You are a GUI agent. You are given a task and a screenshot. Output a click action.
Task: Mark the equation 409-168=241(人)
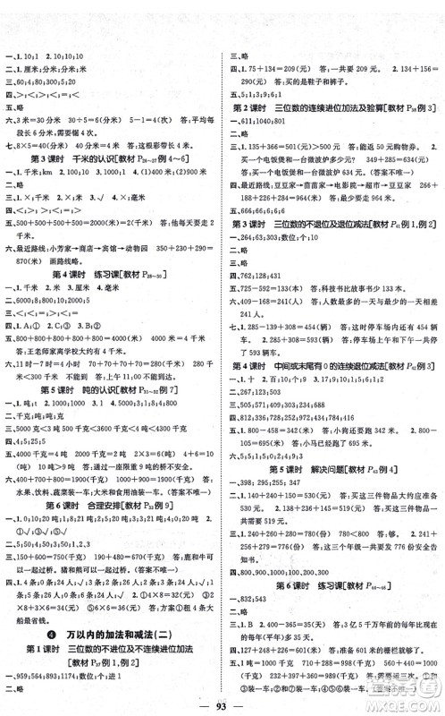(x=270, y=314)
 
